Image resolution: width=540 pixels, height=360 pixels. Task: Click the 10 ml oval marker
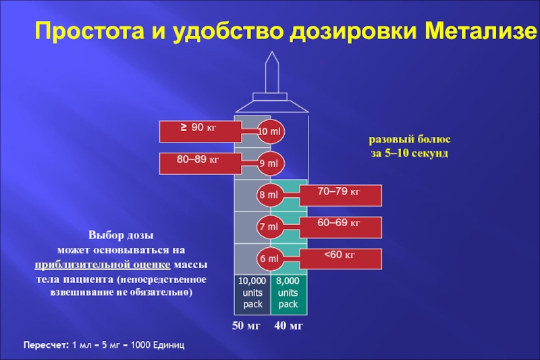pyautogui.click(x=270, y=131)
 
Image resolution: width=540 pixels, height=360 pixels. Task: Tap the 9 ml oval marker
pyautogui.click(x=270, y=163)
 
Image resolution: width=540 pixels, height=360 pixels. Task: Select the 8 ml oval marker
pyautogui.click(x=269, y=196)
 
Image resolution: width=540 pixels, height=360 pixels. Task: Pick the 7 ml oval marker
pyautogui.click(x=269, y=228)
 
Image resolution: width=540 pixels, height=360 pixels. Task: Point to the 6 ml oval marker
pyautogui.click(x=269, y=259)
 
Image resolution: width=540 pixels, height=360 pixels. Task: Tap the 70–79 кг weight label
pyautogui.click(x=341, y=195)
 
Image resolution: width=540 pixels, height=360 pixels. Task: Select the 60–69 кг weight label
pyautogui.click(x=341, y=226)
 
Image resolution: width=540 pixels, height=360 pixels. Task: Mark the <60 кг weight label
pyautogui.click(x=341, y=257)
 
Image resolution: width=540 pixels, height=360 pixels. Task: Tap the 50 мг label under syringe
pyautogui.click(x=247, y=327)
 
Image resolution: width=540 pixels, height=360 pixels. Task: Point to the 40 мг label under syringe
pyautogui.click(x=289, y=327)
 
